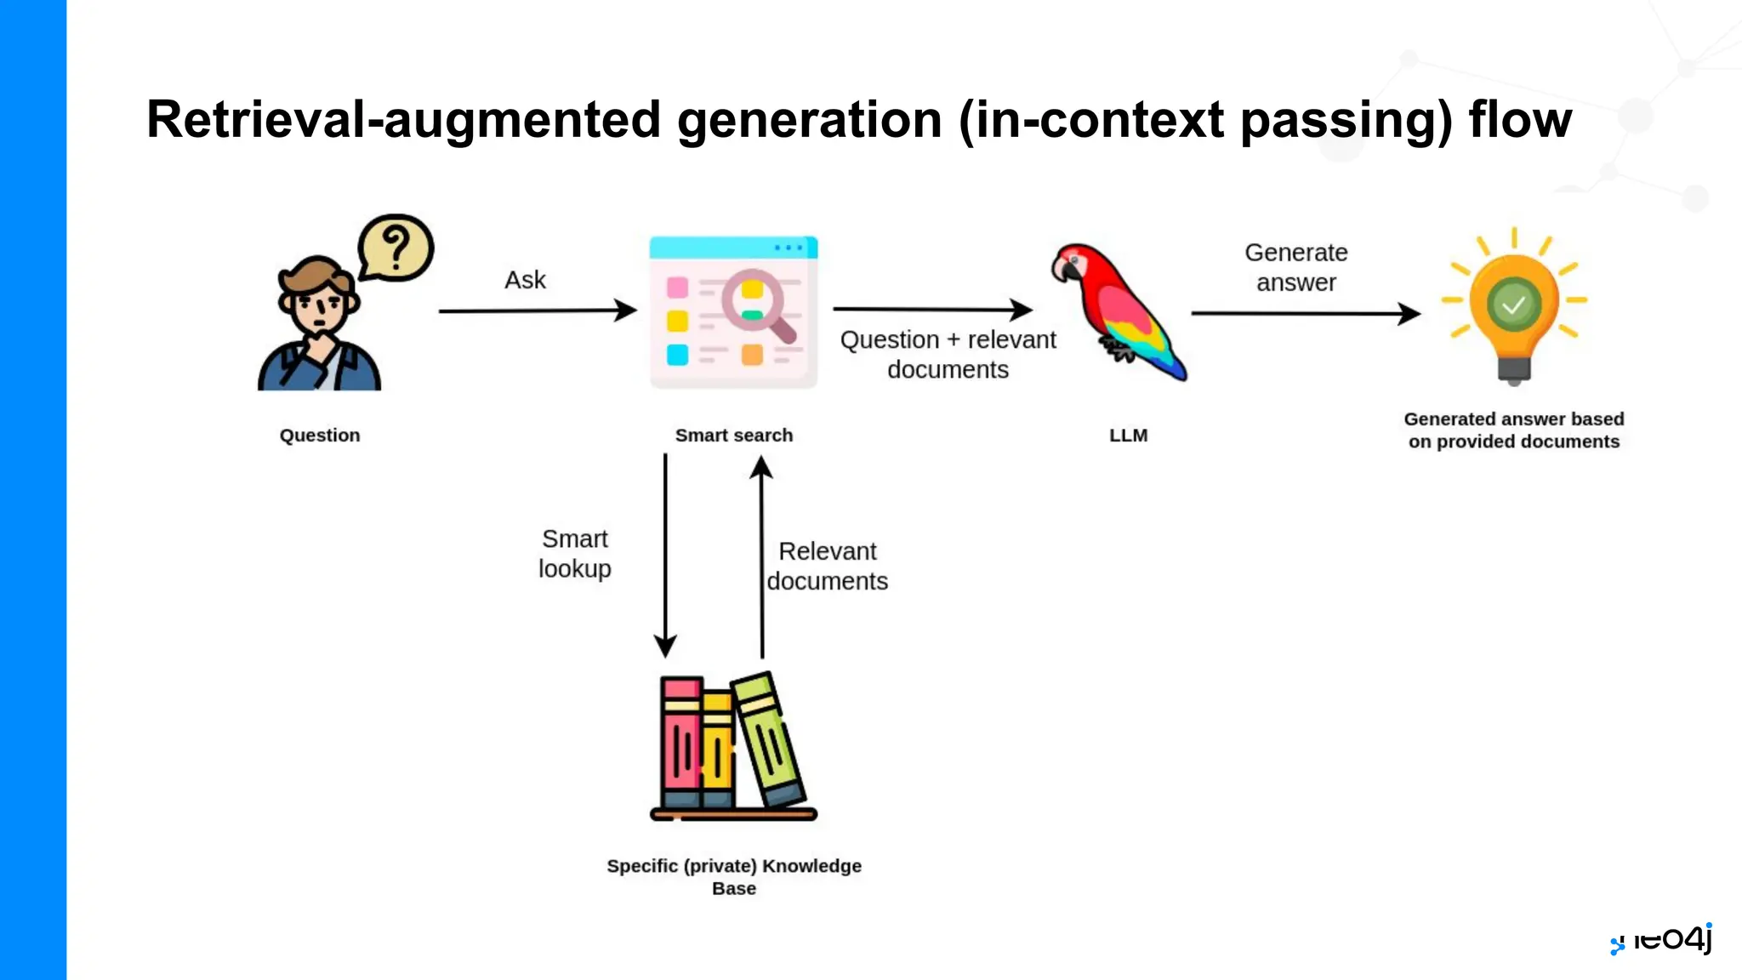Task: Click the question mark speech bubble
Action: pyautogui.click(x=396, y=248)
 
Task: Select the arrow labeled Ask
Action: pyautogui.click(x=538, y=311)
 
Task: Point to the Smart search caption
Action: pyautogui.click(x=733, y=436)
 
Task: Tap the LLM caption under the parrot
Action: pyautogui.click(x=1128, y=436)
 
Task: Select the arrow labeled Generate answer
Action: pyautogui.click(x=1305, y=313)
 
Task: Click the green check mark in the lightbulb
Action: pyautogui.click(x=1513, y=305)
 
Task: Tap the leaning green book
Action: pyautogui.click(x=768, y=738)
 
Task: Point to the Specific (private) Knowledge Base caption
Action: pyautogui.click(x=733, y=876)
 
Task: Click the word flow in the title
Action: pyautogui.click(x=1520, y=119)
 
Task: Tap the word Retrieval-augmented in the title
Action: pyautogui.click(x=403, y=119)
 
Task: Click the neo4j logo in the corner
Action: pyautogui.click(x=1662, y=939)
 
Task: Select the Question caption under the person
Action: pyautogui.click(x=320, y=436)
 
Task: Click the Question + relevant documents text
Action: pyautogui.click(x=948, y=354)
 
